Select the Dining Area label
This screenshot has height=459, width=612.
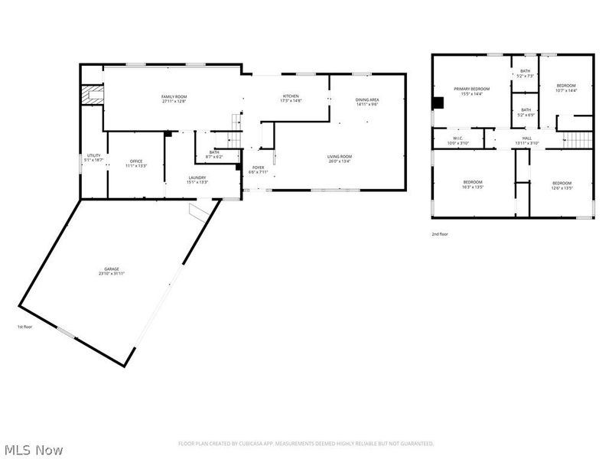(x=367, y=102)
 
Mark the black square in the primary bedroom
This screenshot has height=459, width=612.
(x=438, y=103)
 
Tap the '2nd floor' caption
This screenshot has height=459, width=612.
(x=440, y=234)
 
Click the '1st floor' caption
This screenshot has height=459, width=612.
(x=26, y=327)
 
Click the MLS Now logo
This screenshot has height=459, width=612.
(x=34, y=450)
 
